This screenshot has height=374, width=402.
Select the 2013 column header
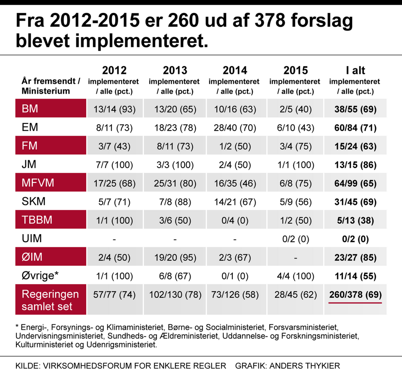tap(175, 70)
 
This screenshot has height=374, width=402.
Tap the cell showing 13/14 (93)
tap(114, 110)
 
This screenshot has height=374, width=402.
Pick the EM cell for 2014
tap(235, 128)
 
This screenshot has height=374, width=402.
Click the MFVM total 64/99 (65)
tap(355, 183)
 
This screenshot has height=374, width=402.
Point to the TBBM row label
tap(37, 220)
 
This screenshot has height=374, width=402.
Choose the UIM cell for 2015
tap(295, 239)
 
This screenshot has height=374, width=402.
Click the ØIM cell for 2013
tap(175, 257)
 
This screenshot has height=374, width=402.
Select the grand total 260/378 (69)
tap(355, 294)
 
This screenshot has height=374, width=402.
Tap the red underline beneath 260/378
tap(355, 302)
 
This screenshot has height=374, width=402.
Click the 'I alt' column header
tap(355, 70)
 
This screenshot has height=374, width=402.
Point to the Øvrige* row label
tap(40, 276)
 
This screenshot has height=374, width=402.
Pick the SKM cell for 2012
tap(114, 202)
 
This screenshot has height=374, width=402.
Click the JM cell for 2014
tap(235, 165)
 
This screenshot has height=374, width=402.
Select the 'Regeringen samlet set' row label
tap(47, 300)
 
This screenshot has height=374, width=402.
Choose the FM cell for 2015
tap(295, 146)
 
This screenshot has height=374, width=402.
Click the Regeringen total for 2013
tap(175, 294)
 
